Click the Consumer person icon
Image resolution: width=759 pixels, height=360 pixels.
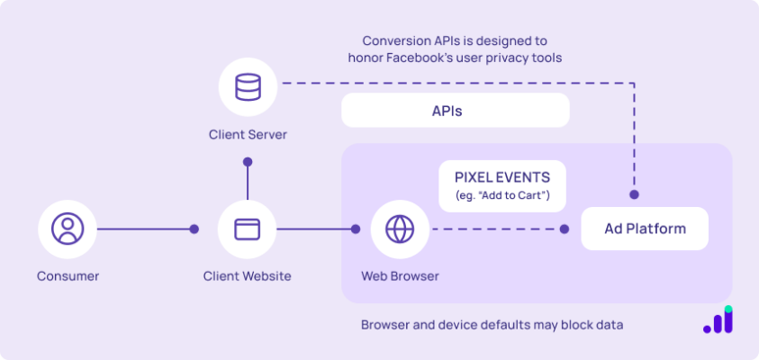pos(68,229)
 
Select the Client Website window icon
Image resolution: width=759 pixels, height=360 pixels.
pos(247,229)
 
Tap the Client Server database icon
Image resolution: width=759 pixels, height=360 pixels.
pos(248,88)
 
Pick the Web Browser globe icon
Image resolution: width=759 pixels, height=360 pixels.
pos(399,229)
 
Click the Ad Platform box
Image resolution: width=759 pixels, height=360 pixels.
pos(645,229)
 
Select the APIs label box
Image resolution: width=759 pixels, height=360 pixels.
pos(455,112)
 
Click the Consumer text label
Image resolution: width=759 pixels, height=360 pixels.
pos(68,276)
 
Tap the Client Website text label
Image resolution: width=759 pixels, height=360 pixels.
pos(247,276)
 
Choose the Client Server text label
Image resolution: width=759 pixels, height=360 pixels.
pos(248,135)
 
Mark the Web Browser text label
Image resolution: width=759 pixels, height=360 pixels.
pos(400,276)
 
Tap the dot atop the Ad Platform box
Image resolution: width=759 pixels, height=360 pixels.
pos(634,194)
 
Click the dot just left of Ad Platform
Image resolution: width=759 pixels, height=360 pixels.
pos(565,229)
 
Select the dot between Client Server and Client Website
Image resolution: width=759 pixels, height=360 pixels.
pos(248,163)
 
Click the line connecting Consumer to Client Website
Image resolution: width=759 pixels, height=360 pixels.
pos(144,229)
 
